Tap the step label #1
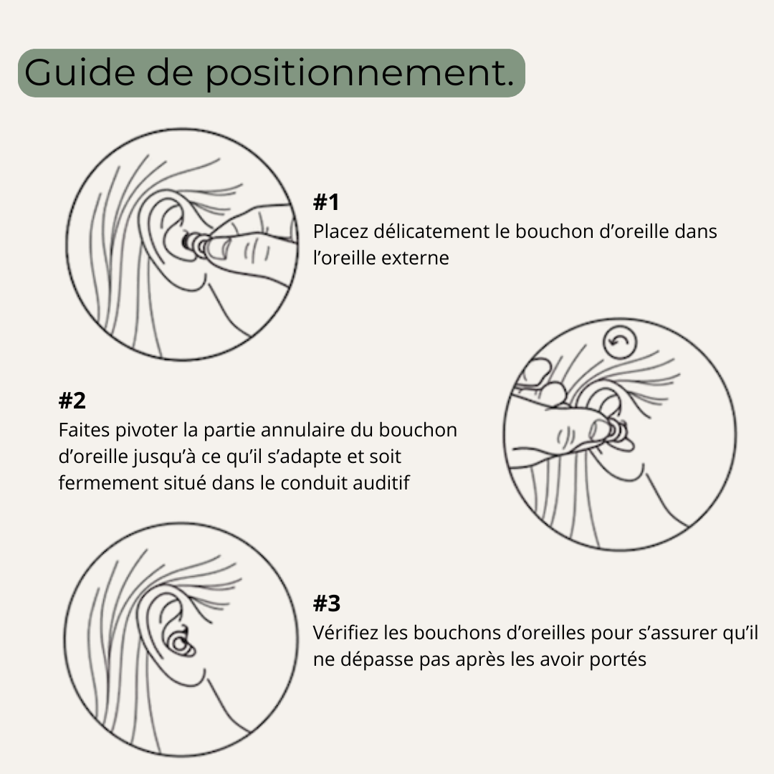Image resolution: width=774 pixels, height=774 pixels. (x=326, y=203)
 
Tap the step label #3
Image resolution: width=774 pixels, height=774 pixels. (x=326, y=604)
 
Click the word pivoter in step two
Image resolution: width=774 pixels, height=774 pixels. (x=152, y=430)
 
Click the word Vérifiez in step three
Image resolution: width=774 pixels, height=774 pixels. (x=345, y=633)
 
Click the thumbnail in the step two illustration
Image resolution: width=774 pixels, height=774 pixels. (x=597, y=429)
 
